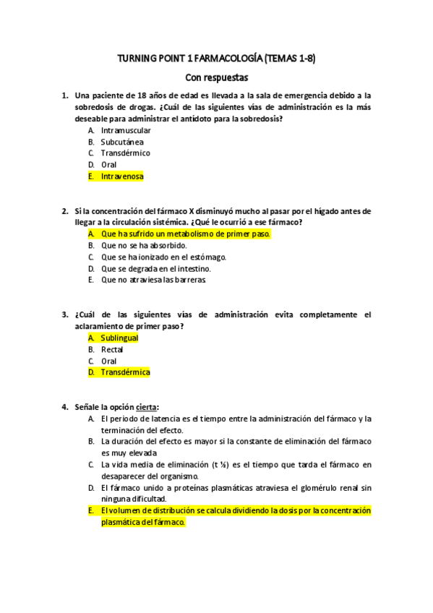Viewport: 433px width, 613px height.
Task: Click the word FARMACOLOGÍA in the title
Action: pyautogui.click(x=226, y=59)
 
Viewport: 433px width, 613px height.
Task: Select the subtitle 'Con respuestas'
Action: pyautogui.click(x=216, y=77)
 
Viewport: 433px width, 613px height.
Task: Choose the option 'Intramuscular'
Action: pyautogui.click(x=126, y=130)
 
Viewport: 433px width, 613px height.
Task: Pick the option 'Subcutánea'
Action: pyautogui.click(x=122, y=142)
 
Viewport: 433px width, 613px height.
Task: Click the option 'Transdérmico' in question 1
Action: pyautogui.click(x=126, y=153)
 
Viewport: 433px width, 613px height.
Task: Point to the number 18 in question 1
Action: pyautogui.click(x=142, y=95)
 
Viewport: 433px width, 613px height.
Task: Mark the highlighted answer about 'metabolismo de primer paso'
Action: pyautogui.click(x=186, y=234)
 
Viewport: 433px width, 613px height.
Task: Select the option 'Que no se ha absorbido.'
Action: pyautogui.click(x=145, y=246)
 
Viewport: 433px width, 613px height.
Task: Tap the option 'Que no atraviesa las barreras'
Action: pyautogui.click(x=153, y=280)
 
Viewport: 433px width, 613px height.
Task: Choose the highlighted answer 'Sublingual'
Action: pyautogui.click(x=119, y=338)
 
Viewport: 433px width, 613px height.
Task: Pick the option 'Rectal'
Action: pyautogui.click(x=112, y=349)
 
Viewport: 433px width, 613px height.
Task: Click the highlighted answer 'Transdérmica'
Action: pyautogui.click(x=125, y=372)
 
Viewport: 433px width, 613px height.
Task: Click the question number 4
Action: pyautogui.click(x=64, y=407)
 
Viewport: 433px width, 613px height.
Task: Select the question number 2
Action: pyautogui.click(x=64, y=211)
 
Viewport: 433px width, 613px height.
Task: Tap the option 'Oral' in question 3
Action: pyautogui.click(x=108, y=361)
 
